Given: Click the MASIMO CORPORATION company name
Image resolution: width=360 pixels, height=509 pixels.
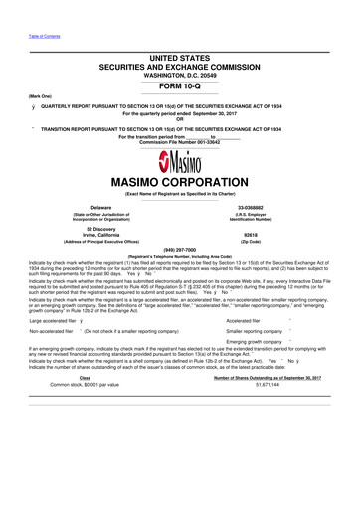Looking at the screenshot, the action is [180, 183].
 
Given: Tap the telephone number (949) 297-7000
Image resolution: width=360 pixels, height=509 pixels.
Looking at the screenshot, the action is [180, 249].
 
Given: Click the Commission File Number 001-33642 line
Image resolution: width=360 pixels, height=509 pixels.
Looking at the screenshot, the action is [179, 141].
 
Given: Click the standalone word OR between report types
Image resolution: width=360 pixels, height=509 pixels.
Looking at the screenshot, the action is [180, 119].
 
